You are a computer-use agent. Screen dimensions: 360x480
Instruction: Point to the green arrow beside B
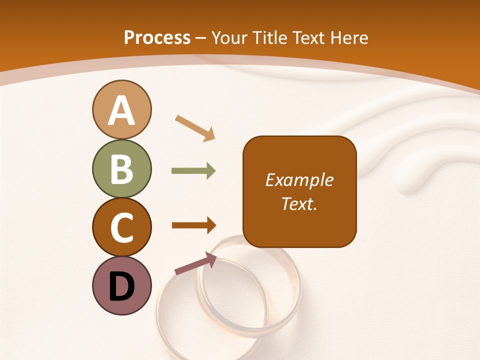click(193, 171)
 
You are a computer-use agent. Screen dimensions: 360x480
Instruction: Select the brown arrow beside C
click(194, 225)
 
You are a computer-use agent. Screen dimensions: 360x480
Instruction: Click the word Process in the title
click(157, 38)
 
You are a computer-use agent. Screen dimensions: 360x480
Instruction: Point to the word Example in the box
click(299, 180)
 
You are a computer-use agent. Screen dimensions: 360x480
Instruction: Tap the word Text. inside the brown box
click(299, 204)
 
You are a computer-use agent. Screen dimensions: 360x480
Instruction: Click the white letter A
click(121, 110)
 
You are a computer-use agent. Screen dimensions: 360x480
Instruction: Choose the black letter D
click(121, 286)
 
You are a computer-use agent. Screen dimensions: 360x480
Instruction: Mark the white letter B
click(121, 169)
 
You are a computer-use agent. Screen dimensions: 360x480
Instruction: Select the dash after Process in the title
click(201, 38)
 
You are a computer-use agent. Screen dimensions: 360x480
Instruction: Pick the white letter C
click(121, 227)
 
